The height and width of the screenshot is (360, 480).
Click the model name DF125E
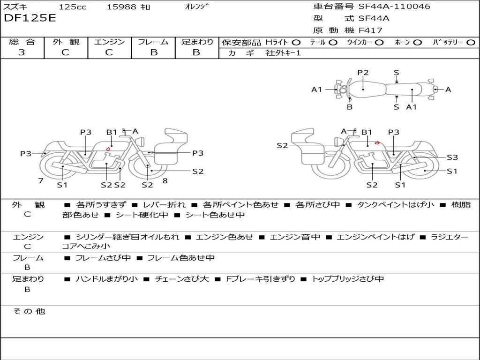pyautogui.click(x=30, y=18)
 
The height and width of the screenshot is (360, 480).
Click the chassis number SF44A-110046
pyautogui.click(x=394, y=7)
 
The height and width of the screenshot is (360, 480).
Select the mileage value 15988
pyautogui.click(x=121, y=7)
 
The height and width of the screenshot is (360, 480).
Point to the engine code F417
pyautogui.click(x=370, y=30)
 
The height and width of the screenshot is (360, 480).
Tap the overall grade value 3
pyautogui.click(x=22, y=52)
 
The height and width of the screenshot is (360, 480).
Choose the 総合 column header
pyautogui.click(x=22, y=42)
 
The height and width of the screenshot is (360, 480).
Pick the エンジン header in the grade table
pyautogui.click(x=109, y=42)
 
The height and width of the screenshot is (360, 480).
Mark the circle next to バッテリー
pyautogui.click(x=471, y=42)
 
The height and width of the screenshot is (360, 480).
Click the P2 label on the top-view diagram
pyautogui.click(x=363, y=73)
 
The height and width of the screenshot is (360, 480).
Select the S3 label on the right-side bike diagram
pyautogui.click(x=452, y=157)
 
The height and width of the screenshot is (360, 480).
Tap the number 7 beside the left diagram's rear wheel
pyautogui.click(x=41, y=181)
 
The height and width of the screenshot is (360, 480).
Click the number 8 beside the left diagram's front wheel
pyautogui.click(x=165, y=181)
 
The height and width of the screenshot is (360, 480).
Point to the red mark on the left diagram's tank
pyautogui.click(x=108, y=150)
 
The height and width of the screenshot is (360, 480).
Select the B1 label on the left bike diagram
pyautogui.click(x=111, y=132)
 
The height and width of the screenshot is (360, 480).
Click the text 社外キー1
pyautogui.click(x=283, y=53)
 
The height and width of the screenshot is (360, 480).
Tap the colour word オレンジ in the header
pyautogui.click(x=196, y=7)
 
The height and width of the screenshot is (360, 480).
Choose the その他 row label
pyautogui.click(x=29, y=311)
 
